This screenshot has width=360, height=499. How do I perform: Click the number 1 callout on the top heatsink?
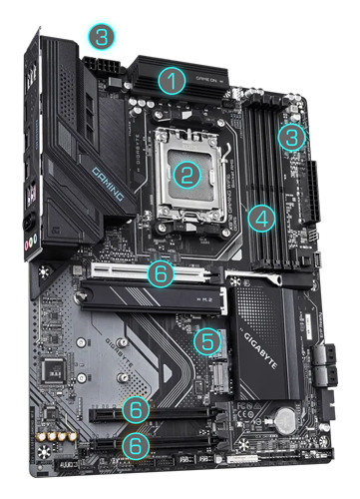tap(175, 80)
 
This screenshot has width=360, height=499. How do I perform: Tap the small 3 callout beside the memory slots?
tap(290, 136)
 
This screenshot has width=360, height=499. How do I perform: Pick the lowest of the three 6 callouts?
tap(140, 443)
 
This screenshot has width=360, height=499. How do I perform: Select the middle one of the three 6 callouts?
tap(140, 407)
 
